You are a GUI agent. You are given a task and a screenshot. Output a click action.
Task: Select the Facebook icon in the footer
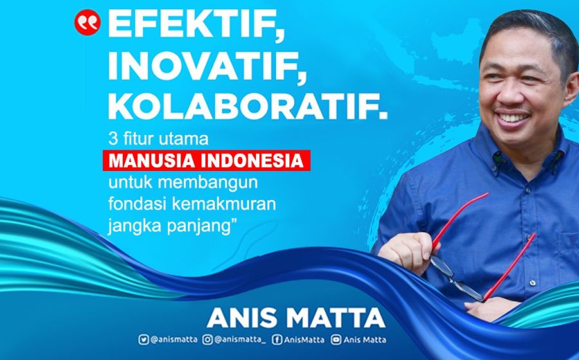pyautogui.click(x=276, y=340)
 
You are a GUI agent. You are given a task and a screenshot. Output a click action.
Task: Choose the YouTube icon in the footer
pyautogui.click(x=335, y=340)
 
